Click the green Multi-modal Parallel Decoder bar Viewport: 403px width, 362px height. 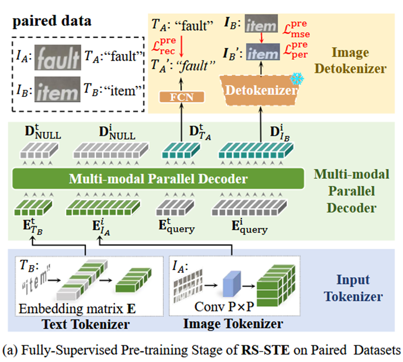click(x=158, y=178)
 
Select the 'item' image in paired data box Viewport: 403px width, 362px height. click(x=58, y=89)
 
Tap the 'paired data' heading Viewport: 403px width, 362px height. click(x=52, y=21)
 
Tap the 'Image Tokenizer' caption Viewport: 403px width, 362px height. click(x=233, y=324)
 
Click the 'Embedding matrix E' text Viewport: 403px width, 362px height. click(x=77, y=309)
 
